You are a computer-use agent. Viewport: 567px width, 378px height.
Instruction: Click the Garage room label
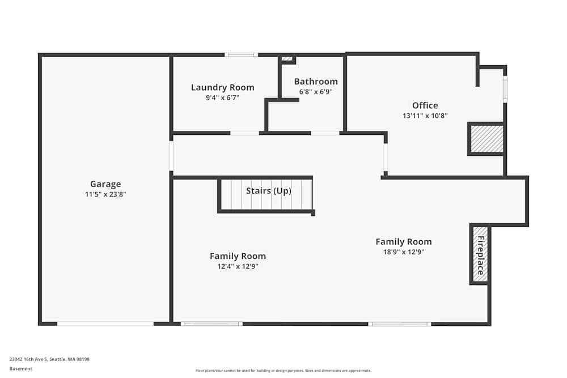(105, 184)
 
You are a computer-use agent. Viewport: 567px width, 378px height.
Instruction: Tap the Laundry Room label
(222, 87)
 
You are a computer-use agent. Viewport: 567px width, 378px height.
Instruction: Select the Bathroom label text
(316, 81)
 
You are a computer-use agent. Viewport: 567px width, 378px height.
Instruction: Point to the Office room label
(425, 105)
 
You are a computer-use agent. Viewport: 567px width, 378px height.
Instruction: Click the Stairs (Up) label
(269, 191)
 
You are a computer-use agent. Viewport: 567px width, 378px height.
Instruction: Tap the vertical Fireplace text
(481, 255)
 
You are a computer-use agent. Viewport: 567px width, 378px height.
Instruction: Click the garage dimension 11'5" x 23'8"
(105, 194)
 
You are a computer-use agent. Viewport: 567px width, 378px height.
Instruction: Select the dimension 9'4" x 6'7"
(222, 97)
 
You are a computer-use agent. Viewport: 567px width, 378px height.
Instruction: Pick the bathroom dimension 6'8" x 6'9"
(316, 92)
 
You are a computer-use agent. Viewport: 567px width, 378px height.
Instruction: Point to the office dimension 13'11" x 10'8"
(425, 116)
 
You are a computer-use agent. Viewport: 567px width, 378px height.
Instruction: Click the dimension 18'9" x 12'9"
(404, 252)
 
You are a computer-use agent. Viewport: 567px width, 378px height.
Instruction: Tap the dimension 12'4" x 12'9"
(238, 266)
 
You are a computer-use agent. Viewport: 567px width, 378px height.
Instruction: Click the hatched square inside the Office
(486, 139)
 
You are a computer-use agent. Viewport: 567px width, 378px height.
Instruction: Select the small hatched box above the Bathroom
(287, 58)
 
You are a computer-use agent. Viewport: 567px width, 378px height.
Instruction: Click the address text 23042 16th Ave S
(28, 359)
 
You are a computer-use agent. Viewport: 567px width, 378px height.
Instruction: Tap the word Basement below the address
(20, 368)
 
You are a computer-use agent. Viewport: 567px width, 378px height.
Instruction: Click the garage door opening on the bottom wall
(105, 324)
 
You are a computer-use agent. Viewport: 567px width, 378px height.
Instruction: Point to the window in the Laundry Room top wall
(241, 55)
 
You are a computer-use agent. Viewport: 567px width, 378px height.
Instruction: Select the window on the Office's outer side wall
(505, 89)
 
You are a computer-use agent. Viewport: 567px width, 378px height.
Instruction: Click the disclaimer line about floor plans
(283, 371)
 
